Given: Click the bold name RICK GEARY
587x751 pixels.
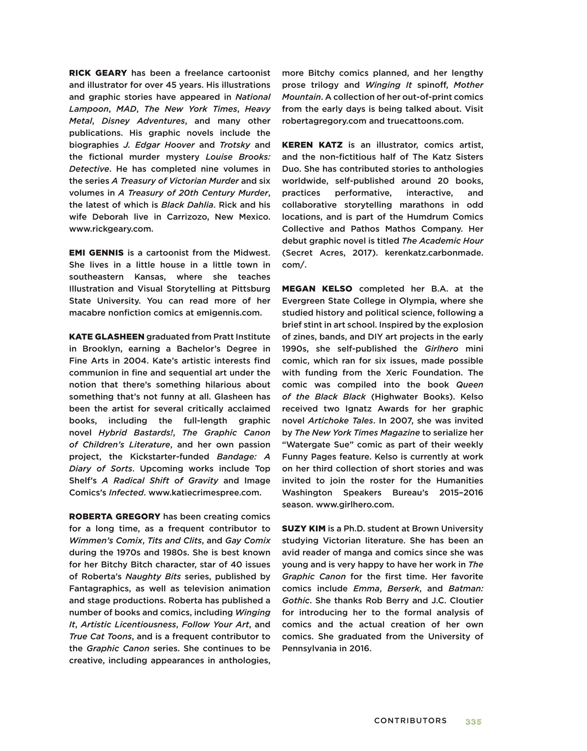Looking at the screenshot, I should click(x=98, y=73).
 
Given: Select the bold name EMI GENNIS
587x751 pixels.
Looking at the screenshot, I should click(x=96, y=253).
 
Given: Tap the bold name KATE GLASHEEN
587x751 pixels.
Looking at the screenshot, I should click(x=107, y=337).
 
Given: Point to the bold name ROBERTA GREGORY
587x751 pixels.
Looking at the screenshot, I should click(x=115, y=516).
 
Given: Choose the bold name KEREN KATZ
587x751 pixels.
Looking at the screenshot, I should click(x=312, y=145).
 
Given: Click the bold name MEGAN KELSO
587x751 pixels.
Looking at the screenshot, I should click(x=317, y=289).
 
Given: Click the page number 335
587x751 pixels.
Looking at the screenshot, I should click(x=473, y=722).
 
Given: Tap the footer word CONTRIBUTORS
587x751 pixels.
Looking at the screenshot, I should click(x=410, y=721).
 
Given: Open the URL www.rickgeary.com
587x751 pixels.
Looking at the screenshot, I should click(x=111, y=229).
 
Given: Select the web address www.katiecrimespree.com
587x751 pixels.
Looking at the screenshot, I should click(x=205, y=493).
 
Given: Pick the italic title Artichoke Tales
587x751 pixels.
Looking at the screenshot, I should click(x=341, y=421).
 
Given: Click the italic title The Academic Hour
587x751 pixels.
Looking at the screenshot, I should click(x=442, y=241).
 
